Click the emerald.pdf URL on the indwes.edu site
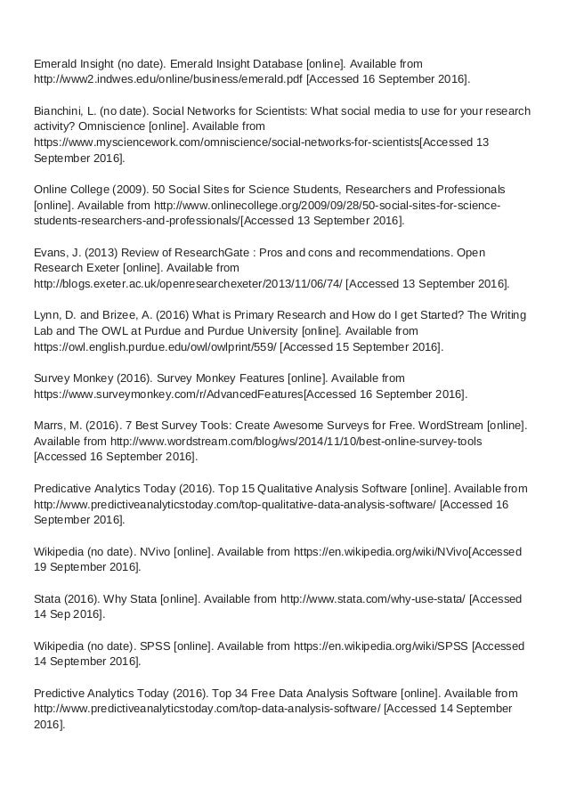point(167,79)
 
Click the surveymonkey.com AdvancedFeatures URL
point(167,394)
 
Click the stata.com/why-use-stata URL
point(372,598)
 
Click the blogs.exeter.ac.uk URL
point(187,284)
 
